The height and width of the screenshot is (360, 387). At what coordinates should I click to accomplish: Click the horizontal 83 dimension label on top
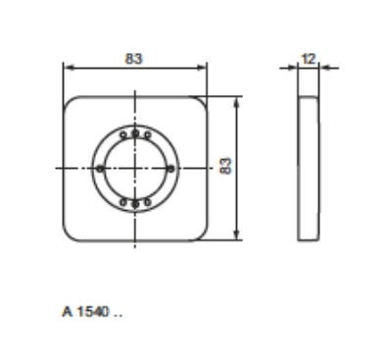click(134, 59)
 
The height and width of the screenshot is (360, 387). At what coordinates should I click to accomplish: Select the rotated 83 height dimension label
click(226, 166)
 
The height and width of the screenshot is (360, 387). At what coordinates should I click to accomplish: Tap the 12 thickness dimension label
click(309, 59)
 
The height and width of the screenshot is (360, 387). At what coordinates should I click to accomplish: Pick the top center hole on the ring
click(135, 133)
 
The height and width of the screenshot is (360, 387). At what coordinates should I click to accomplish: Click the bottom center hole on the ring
click(135, 204)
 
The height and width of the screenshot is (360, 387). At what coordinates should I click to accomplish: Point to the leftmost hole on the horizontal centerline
click(100, 169)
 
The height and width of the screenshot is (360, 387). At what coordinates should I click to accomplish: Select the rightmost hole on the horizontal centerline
click(170, 169)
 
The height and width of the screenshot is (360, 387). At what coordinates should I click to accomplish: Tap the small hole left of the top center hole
click(123, 134)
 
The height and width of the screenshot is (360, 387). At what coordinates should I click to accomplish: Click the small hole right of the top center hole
click(148, 134)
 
